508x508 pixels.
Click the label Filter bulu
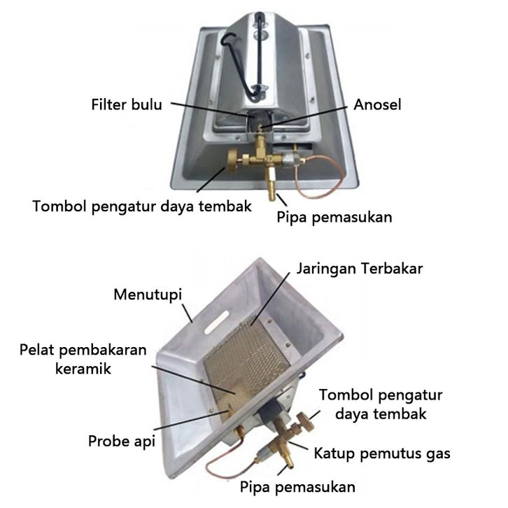(x=126, y=106)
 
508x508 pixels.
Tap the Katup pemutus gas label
(x=382, y=453)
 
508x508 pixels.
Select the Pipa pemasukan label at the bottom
(x=297, y=486)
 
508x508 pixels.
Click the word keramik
(x=83, y=369)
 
